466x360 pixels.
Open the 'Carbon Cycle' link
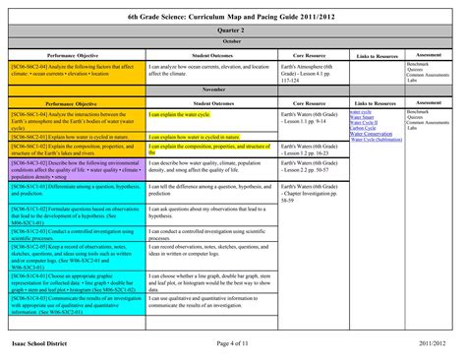[x=363, y=128]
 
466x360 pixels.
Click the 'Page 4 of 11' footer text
[x=233, y=341]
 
